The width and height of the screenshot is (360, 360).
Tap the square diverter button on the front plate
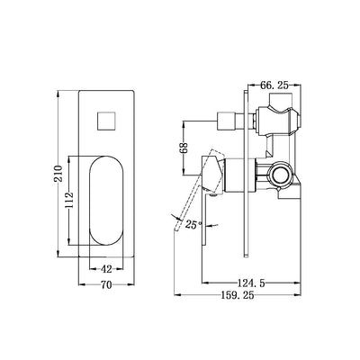point(104,120)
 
